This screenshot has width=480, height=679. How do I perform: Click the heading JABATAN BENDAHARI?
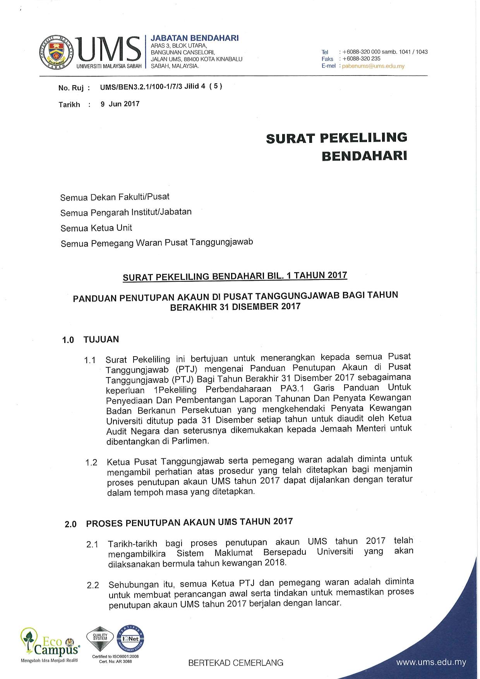(194, 38)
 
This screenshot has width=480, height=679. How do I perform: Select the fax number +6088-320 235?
(362, 59)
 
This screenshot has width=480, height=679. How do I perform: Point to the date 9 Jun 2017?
(120, 104)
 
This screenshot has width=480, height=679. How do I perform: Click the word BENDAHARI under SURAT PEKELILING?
(364, 156)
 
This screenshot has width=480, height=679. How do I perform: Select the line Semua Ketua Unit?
(96, 228)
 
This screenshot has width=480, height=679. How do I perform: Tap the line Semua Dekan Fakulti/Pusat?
(115, 197)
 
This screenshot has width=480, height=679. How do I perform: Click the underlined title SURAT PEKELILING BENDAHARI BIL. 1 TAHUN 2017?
(235, 276)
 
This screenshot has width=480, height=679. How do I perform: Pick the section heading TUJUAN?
(101, 339)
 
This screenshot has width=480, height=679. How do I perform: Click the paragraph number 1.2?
(91, 463)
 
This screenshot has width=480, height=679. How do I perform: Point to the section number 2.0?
(71, 525)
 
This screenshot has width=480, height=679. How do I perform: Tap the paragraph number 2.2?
(93, 585)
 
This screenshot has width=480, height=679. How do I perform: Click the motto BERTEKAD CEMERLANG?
(236, 663)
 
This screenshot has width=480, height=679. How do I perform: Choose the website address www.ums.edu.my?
(431, 662)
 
